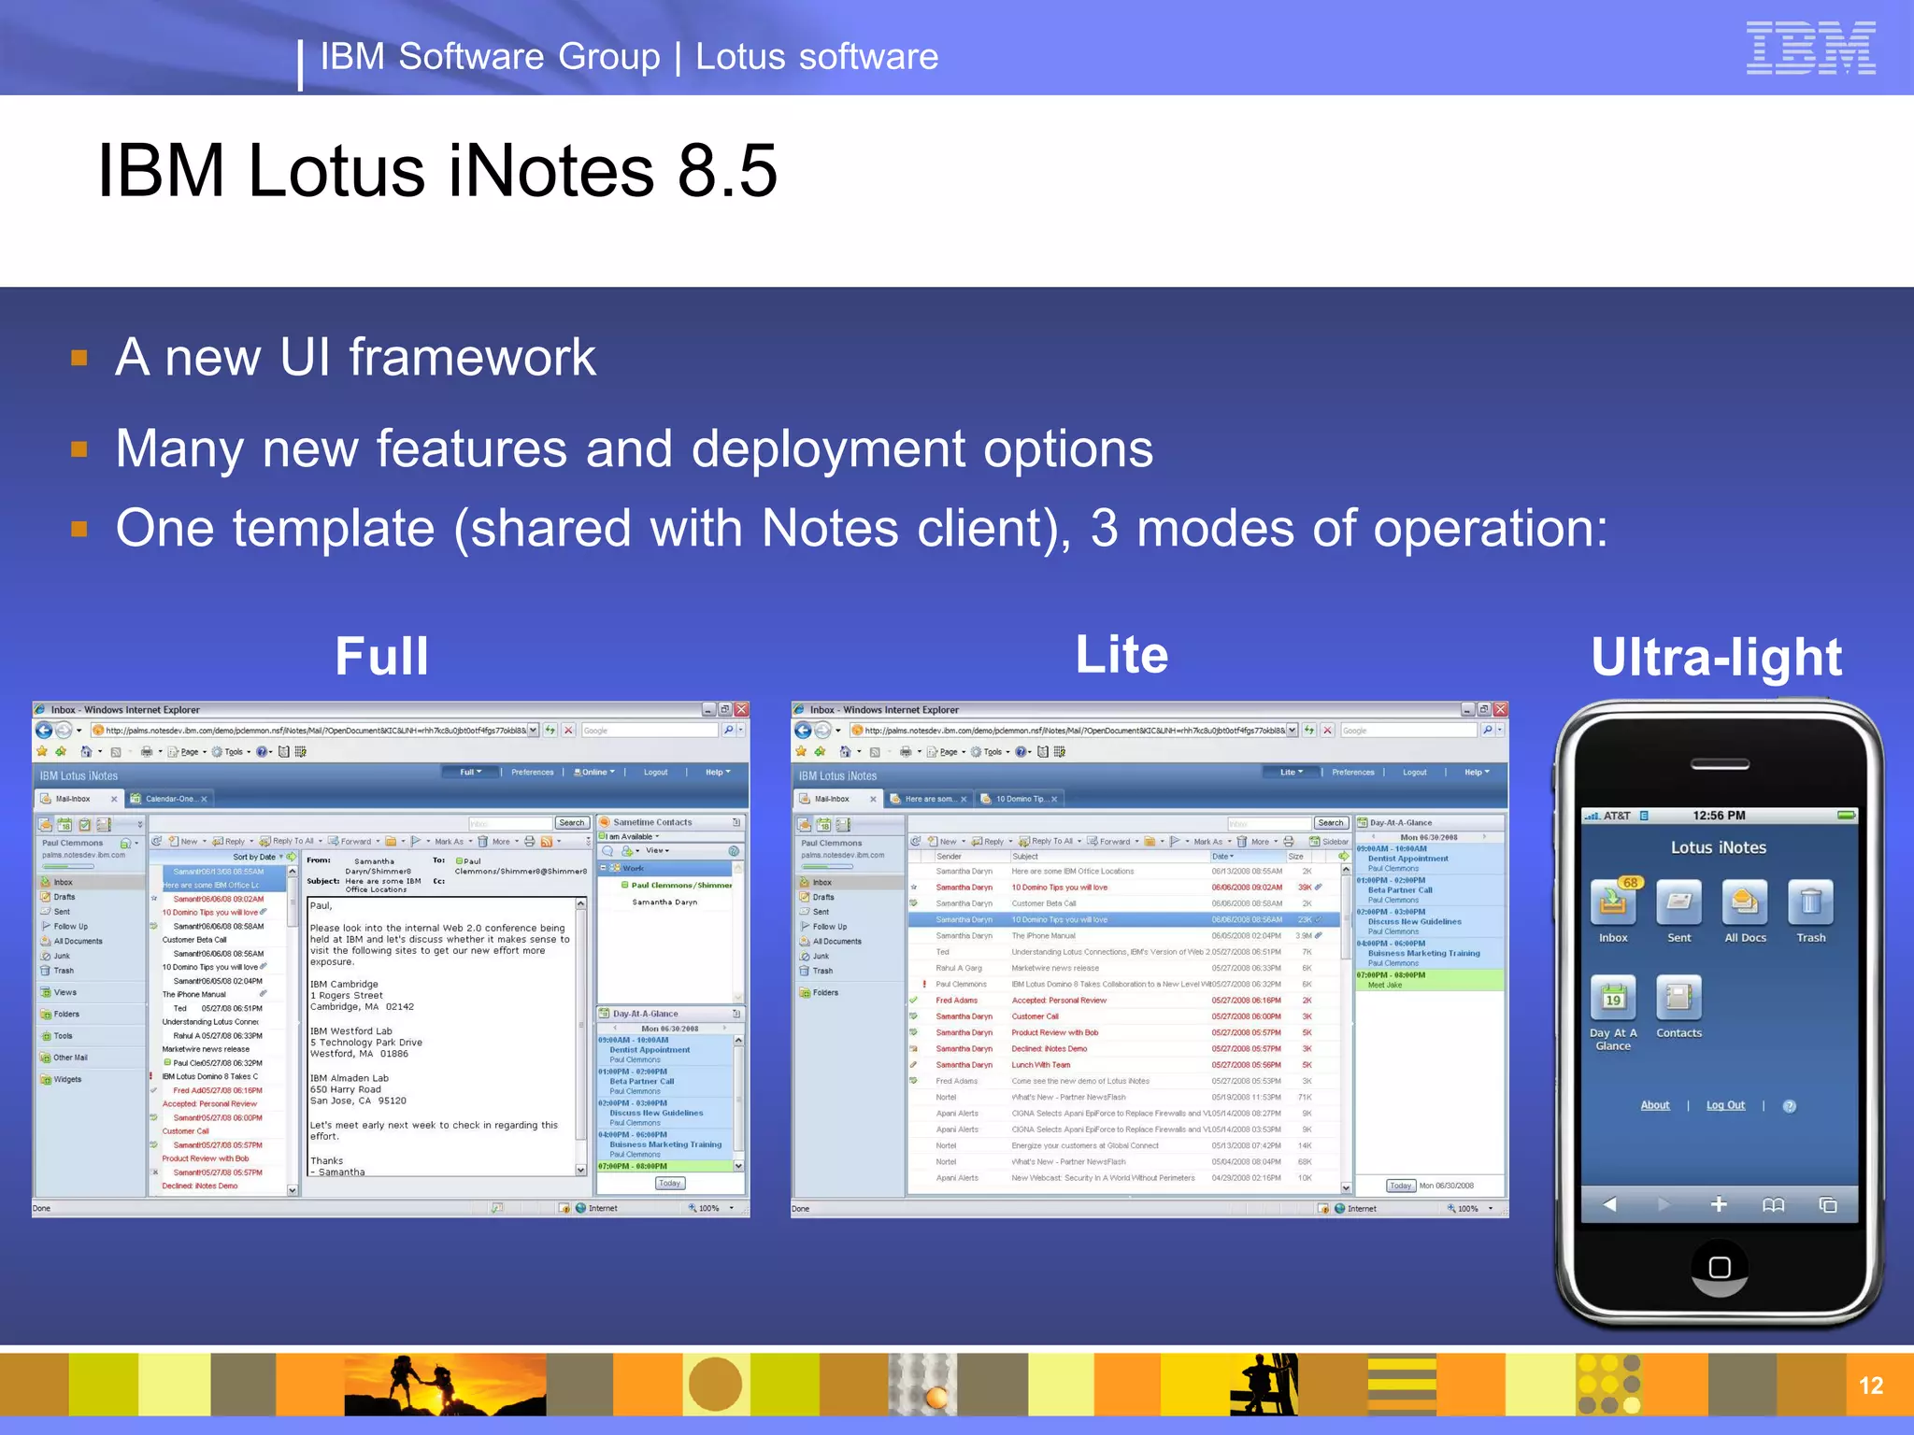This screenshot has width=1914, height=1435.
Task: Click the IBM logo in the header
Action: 1810,48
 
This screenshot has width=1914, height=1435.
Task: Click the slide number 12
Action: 1870,1385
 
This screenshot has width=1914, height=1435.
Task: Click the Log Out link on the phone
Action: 1725,1105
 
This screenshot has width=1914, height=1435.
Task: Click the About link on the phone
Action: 1655,1105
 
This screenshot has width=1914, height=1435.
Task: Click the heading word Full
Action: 381,656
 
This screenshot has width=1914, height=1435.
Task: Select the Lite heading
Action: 1121,654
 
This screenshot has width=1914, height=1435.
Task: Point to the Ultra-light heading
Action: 1716,657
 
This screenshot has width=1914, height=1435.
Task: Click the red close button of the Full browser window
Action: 741,710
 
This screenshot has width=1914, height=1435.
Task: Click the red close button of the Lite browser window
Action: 1500,710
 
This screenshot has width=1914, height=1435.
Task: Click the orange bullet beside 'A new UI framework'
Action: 79,358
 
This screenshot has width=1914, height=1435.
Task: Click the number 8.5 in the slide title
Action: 727,171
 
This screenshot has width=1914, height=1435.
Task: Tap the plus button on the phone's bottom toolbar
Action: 1718,1204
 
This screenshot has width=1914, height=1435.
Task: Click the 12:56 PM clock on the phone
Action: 1719,816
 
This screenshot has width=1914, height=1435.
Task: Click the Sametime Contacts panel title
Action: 652,823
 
